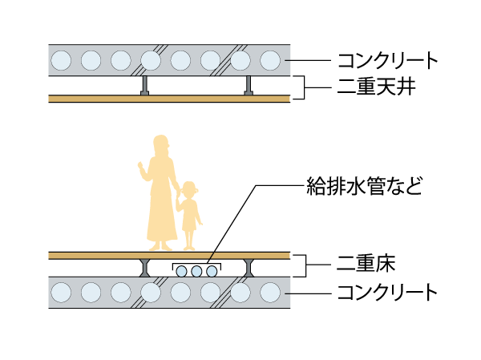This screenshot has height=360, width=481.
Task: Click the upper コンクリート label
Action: [x=388, y=60]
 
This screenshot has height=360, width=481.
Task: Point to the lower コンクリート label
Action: [x=388, y=291]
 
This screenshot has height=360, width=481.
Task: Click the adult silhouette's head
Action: [x=160, y=145]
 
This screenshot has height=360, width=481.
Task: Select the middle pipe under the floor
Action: [x=197, y=272]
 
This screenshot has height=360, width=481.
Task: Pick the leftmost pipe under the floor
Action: [x=183, y=272]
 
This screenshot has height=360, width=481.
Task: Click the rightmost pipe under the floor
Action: [x=212, y=272]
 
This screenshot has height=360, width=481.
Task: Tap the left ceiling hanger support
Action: [x=144, y=86]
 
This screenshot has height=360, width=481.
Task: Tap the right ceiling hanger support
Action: [x=249, y=86]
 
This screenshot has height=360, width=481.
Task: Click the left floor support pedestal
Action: [x=144, y=268]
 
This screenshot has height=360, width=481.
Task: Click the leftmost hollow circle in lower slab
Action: [x=62, y=292]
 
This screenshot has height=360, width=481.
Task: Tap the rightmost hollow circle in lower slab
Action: [x=270, y=292]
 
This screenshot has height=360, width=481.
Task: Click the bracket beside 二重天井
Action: [x=299, y=87]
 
